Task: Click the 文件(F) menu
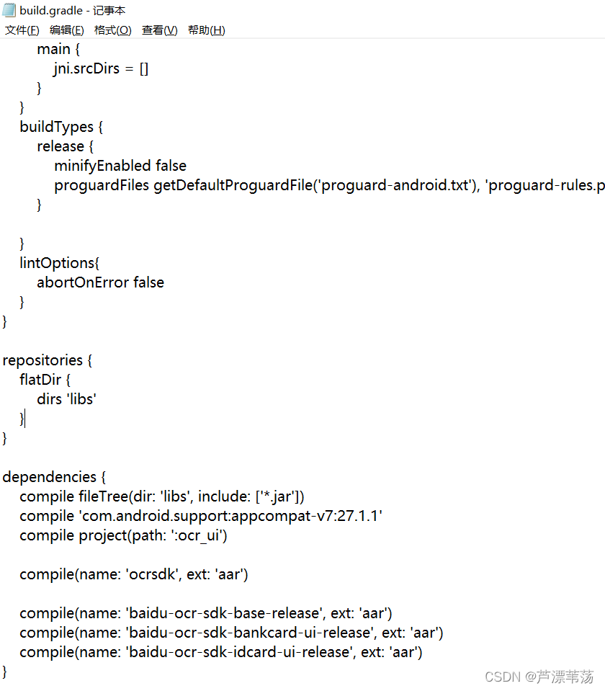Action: point(22,30)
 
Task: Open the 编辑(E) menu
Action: point(66,30)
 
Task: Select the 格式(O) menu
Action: point(112,30)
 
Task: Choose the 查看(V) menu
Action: point(159,30)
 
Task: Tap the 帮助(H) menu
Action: point(206,30)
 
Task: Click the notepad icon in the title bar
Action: point(9,10)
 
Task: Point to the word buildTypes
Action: point(56,127)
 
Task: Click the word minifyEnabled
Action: point(102,166)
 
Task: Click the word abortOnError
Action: point(82,282)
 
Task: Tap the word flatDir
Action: point(40,380)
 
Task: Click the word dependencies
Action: point(49,477)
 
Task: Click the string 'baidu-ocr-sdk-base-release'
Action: point(224,613)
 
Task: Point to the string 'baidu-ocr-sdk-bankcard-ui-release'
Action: point(250,633)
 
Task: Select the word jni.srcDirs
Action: point(88,68)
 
